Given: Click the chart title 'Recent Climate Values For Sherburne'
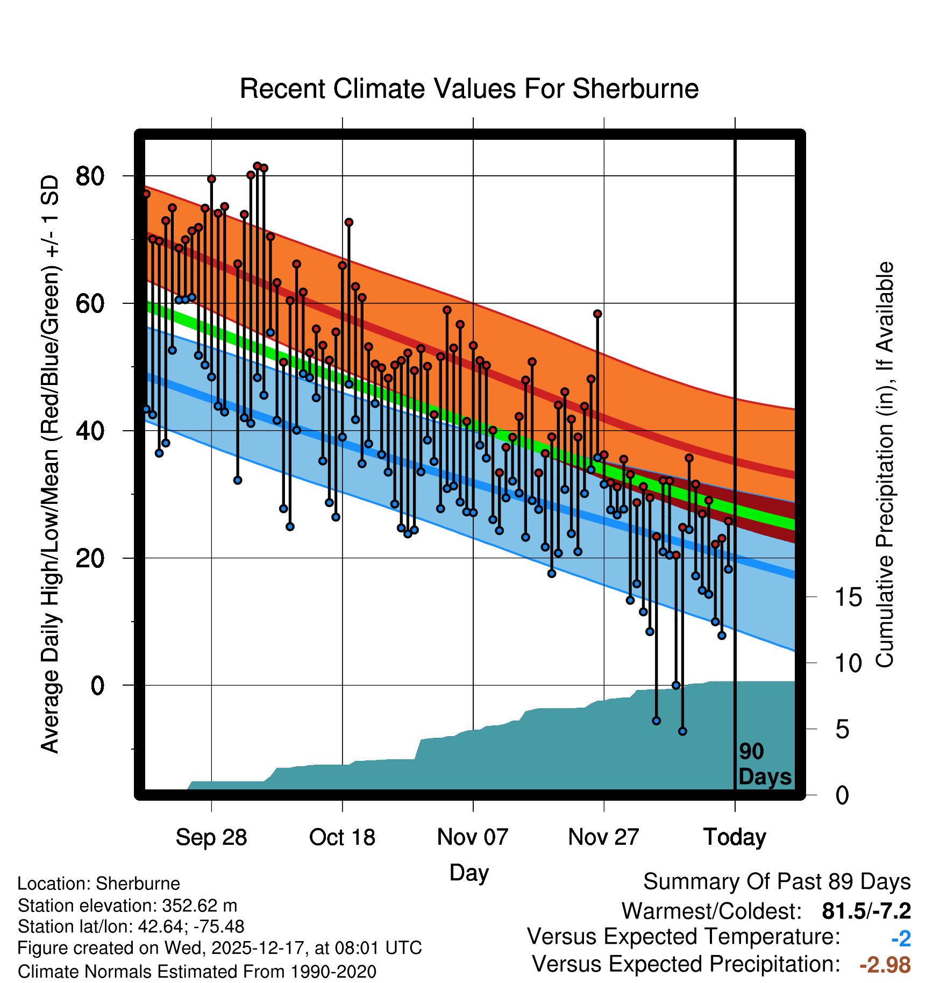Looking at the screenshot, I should pyautogui.click(x=469, y=89).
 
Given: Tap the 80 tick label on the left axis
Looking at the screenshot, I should pyautogui.click(x=90, y=176).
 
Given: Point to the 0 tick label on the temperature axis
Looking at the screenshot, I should pyautogui.click(x=97, y=686).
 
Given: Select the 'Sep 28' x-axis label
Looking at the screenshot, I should pyautogui.click(x=211, y=837).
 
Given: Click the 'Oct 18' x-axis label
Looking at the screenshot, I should pyautogui.click(x=342, y=837).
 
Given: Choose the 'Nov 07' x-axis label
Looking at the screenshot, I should pyautogui.click(x=473, y=837).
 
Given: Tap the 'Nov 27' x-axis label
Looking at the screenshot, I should pyautogui.click(x=603, y=837).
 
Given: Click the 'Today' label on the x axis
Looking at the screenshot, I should pyautogui.click(x=735, y=837).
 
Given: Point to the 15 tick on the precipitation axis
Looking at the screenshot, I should pyautogui.click(x=848, y=597).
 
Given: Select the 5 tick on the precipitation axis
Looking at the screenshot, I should pyautogui.click(x=842, y=730).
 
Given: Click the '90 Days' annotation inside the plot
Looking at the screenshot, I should pyautogui.click(x=764, y=764).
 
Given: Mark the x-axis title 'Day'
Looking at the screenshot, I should pyautogui.click(x=469, y=872).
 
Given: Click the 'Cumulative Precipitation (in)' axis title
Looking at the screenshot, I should pyautogui.click(x=885, y=465).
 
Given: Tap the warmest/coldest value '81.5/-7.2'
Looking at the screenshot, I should pyautogui.click(x=866, y=911).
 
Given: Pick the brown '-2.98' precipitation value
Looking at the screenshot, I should pyautogui.click(x=885, y=965).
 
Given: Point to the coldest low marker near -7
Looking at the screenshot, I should pyautogui.click(x=682, y=731).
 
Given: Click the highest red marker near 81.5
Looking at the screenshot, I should pyautogui.click(x=257, y=166).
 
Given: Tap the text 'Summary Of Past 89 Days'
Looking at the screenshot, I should pyautogui.click(x=777, y=882).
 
